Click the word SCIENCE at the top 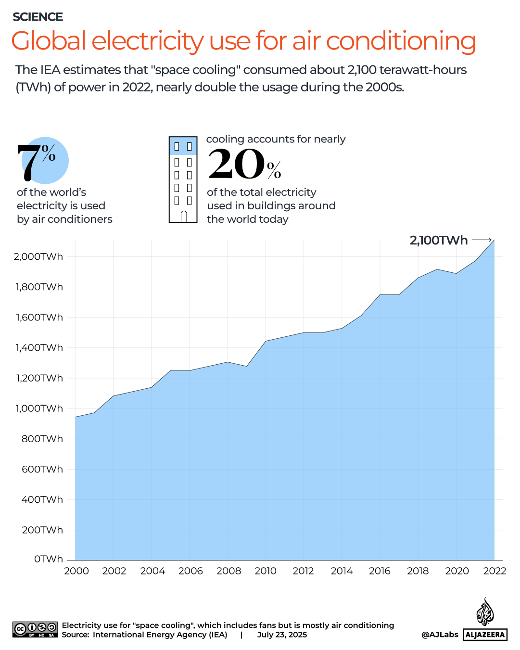pos(38,17)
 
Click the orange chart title pos(243,41)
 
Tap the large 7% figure pos(37,162)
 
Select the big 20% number pos(244,165)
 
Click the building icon pos(183,179)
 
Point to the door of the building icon pos(183,217)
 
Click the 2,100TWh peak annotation pos(438,240)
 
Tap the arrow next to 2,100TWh pos(482,240)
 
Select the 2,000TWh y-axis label pos(38,256)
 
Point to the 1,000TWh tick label pos(39,408)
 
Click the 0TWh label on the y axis pos(48,559)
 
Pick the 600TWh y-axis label pos(42,469)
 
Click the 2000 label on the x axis pos(76,571)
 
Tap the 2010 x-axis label pos(266,571)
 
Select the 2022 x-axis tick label pos(495,571)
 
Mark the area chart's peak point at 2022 pos(494,240)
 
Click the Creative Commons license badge pos(35,629)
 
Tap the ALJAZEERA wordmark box pos(485,635)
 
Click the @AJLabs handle pos(440,635)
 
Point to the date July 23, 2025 pos(282,635)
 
